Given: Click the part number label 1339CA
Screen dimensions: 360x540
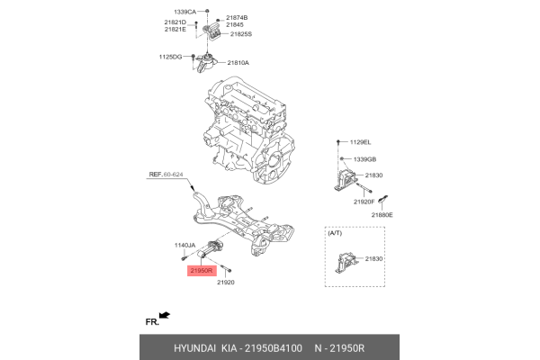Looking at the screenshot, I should [184, 10].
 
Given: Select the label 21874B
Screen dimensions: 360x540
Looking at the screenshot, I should [237, 18].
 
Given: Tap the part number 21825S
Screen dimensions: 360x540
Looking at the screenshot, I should [241, 34].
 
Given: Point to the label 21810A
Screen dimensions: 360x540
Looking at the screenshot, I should [238, 63].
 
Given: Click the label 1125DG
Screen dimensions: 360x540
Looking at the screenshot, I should [170, 57].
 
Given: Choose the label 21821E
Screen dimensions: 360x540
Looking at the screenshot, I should [175, 30].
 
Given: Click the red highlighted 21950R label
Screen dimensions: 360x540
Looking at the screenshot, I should [200, 269].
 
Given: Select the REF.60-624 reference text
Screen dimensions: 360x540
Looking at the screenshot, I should [166, 176].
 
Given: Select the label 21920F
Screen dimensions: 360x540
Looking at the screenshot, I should [365, 202].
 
